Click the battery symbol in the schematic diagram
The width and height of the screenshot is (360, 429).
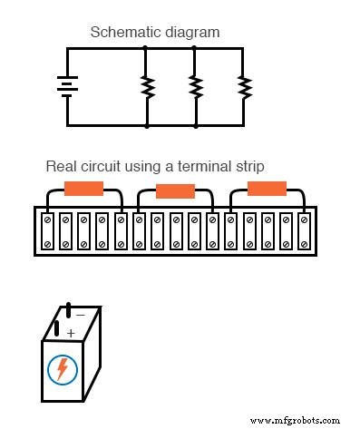(65, 86)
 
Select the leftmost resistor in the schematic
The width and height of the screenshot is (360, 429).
(145, 86)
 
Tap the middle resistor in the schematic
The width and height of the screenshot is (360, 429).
(194, 86)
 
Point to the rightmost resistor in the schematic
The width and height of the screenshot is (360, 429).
(243, 86)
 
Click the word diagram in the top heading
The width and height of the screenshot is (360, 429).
(192, 33)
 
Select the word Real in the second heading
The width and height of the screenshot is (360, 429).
(61, 167)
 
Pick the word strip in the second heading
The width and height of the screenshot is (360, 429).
(242, 167)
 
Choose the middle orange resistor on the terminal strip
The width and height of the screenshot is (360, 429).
(175, 190)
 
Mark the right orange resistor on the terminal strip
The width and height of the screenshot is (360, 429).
(267, 189)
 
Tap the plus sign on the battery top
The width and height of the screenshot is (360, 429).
(71, 332)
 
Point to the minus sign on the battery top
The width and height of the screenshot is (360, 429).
(80, 315)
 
